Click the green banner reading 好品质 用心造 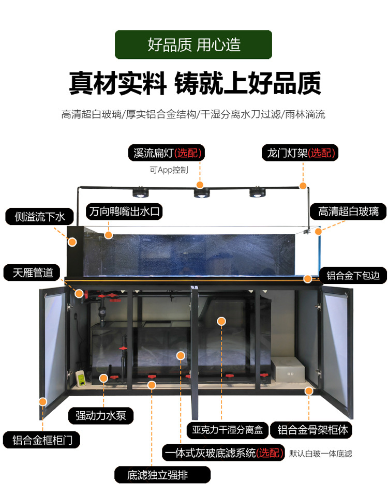click(193, 44)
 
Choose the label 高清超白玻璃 click(348, 212)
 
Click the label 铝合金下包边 click(353, 275)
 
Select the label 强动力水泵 click(101, 415)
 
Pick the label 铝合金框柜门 click(43, 440)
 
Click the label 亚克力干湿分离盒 click(228, 429)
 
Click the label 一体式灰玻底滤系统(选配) click(223, 454)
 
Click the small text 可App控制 click(169, 170)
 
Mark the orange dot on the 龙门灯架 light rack click(303, 185)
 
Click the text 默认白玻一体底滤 click(321, 454)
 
